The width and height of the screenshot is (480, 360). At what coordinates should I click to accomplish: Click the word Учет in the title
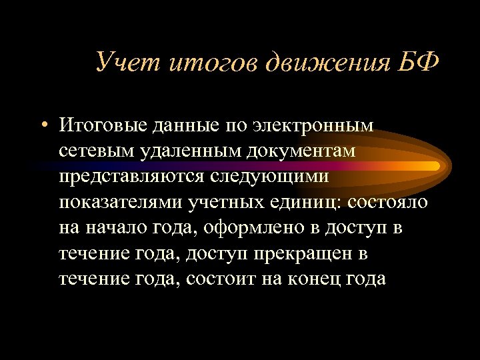[125, 62]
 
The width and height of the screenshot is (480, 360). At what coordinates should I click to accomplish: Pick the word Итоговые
[101, 125]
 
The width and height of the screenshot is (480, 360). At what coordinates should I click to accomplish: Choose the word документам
[299, 151]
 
